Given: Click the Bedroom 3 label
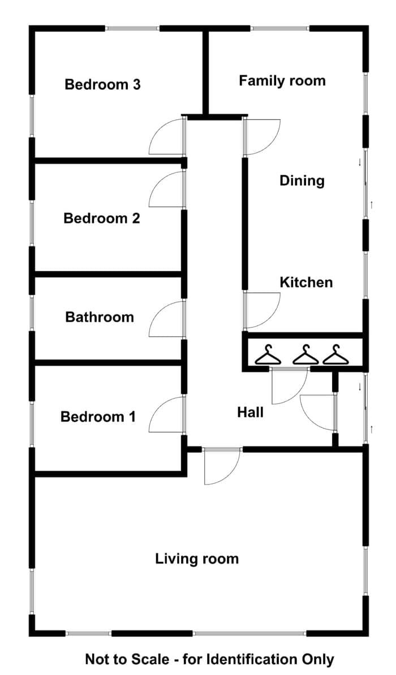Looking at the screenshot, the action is pos(102,84).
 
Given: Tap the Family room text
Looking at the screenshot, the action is pos(282,81).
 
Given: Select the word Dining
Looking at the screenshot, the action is pos(302,181).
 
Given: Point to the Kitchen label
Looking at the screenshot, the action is pos(306,283).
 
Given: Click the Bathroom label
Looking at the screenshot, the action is pos(100,317).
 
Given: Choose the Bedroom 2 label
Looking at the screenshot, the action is pos(102,218).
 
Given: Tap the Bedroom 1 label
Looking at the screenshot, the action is pos(98,417).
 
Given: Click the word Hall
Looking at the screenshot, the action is pos(251,412).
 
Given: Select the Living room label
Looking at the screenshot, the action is pos(197,559).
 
